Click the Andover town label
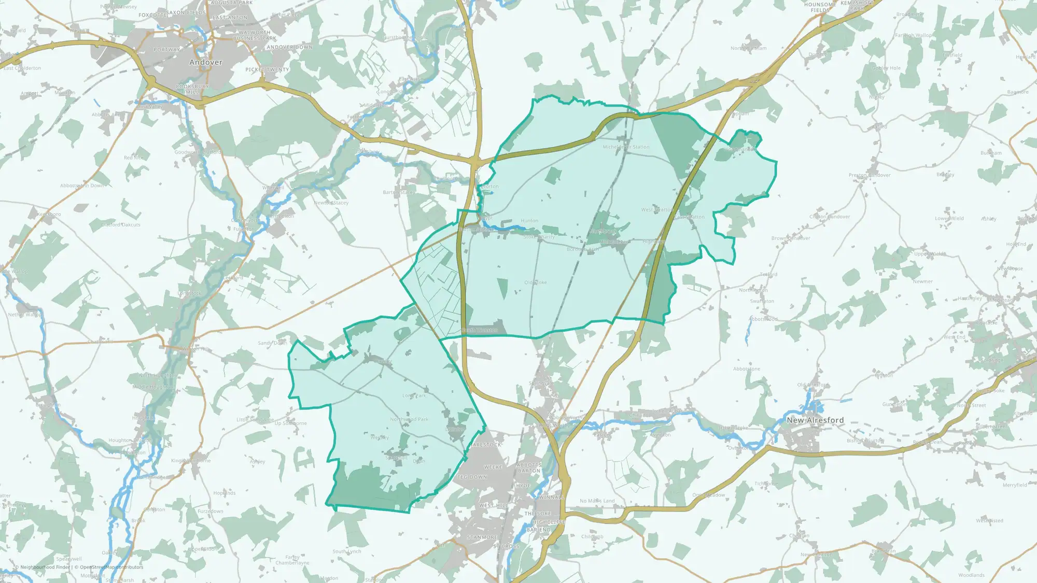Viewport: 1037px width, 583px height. [x=206, y=62]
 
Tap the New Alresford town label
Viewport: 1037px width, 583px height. [x=815, y=420]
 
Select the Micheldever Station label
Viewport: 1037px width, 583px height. [x=626, y=147]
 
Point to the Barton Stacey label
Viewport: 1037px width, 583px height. [x=399, y=192]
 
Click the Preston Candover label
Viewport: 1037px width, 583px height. [x=870, y=175]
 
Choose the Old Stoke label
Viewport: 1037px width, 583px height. [x=536, y=283]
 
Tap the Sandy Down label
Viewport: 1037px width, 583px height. [x=272, y=343]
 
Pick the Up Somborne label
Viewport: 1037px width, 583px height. [x=291, y=423]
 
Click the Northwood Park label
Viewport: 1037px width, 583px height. [x=409, y=419]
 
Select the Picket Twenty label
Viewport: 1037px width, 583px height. [x=268, y=69]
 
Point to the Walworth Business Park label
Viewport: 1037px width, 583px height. [x=255, y=35]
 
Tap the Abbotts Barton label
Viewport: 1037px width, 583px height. [x=529, y=468]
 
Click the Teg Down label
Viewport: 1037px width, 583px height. [x=472, y=477]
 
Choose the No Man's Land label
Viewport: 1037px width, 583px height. [x=597, y=501]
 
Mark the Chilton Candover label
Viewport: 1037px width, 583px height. [x=830, y=217]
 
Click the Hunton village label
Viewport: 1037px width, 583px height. [x=529, y=221]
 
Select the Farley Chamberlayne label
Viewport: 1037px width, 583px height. [x=292, y=560]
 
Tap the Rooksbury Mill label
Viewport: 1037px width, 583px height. [x=192, y=89]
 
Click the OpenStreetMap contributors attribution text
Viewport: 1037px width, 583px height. [x=111, y=567]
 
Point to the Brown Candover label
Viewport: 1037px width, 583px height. [x=791, y=238]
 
